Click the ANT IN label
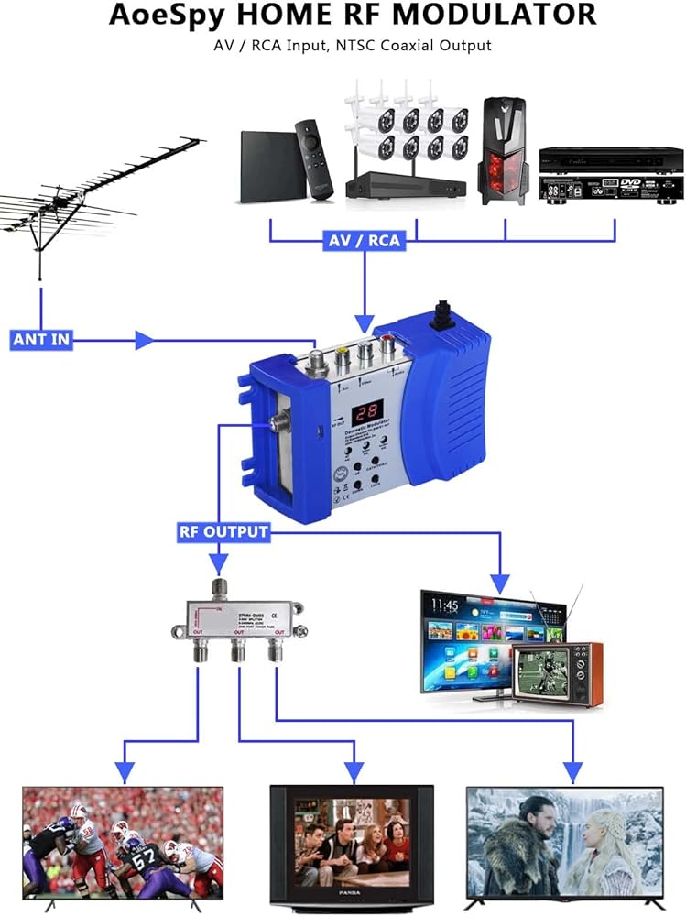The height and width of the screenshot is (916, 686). pos(41,340)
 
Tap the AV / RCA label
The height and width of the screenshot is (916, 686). pos(364,241)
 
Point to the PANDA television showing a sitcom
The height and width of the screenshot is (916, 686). pos(352,844)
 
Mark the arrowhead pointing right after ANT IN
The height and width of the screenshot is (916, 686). pos(142,341)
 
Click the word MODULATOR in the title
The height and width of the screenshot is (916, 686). pos(495,15)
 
